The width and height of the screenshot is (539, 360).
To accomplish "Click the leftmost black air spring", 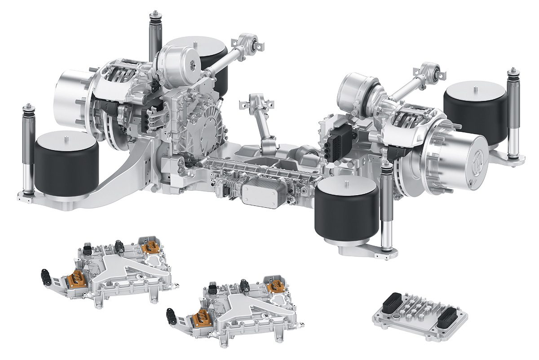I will [66, 164].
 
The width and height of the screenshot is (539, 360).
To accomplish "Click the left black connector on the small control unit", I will [394, 300].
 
